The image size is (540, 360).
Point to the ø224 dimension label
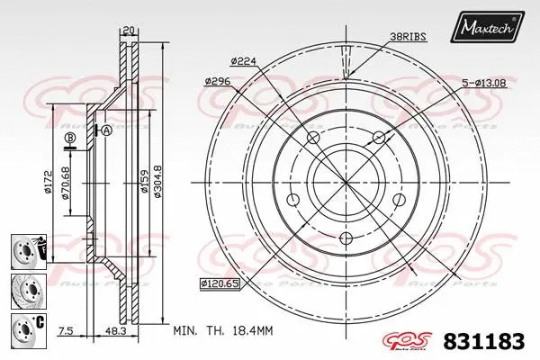[245, 60]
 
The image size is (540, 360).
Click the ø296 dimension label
[219, 81]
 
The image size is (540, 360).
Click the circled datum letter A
[106, 130]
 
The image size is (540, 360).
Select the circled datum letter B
[68, 137]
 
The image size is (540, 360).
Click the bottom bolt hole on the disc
[347, 238]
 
